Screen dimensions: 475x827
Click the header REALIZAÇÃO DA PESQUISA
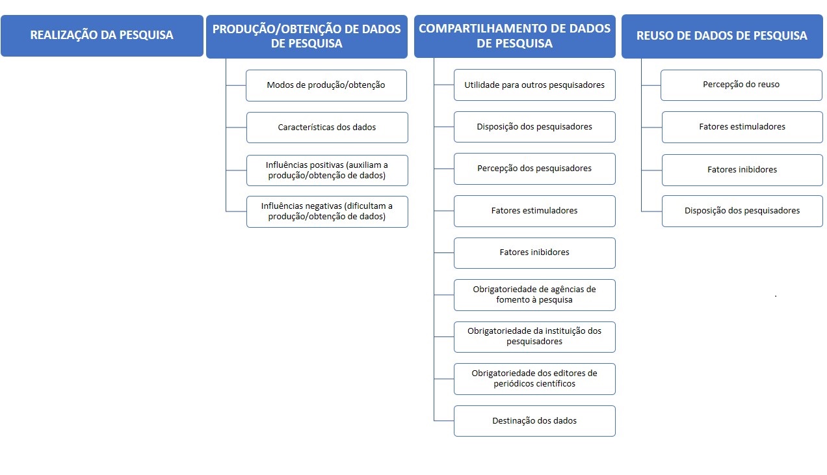point(102,36)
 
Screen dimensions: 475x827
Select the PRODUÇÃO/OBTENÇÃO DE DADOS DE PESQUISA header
point(307,36)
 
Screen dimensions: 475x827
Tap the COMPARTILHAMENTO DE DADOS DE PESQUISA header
point(514,36)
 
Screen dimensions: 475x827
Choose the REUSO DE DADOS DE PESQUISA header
point(722,36)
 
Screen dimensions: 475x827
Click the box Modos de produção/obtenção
point(326,85)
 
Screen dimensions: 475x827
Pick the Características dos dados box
point(326,128)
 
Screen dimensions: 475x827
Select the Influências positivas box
point(326,170)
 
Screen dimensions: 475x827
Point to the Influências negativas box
point(326,211)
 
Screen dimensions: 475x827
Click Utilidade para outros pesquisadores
point(534,85)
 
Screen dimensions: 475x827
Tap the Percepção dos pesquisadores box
point(534,169)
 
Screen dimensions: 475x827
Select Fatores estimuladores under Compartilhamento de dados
point(534,211)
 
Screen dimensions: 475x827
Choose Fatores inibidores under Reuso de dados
point(742,170)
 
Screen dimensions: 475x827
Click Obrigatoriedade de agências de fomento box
point(534,295)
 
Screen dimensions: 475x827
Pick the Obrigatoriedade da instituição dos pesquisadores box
point(534,336)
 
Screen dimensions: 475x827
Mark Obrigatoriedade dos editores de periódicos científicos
point(534,379)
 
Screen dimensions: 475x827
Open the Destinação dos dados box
point(534,421)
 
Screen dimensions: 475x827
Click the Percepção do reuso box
point(741,85)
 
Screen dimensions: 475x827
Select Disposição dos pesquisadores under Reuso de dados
point(742,211)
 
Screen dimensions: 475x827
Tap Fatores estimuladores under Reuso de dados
point(742,127)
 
